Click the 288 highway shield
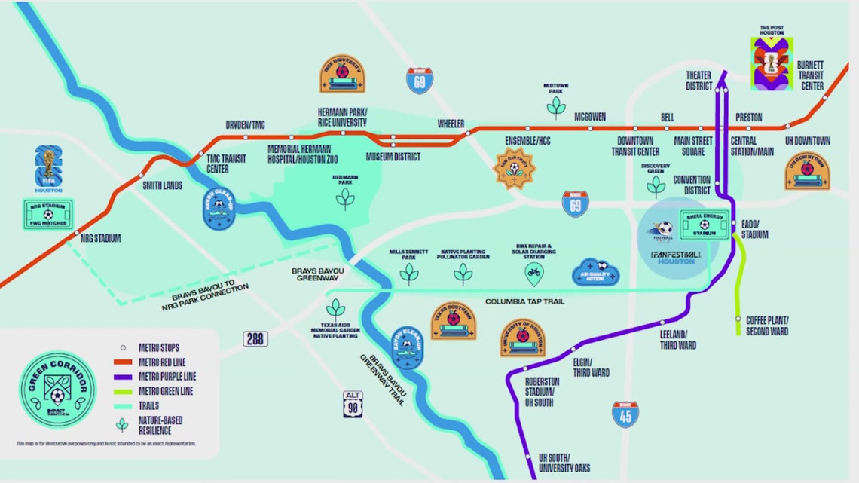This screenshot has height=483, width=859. coord(255,338)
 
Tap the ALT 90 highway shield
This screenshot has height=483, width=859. coord(352,404)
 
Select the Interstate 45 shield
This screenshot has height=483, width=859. coord(625,414)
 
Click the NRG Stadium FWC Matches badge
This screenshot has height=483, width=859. coord(47,213)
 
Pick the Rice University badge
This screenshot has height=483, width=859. coord(342,74)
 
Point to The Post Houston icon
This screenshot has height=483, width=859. coord(771,65)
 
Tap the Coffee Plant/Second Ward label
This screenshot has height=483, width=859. coord(768,325)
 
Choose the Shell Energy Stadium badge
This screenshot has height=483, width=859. coord(704,224)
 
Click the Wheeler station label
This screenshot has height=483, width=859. coord(451,124)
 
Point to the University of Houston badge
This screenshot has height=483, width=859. coord(523,336)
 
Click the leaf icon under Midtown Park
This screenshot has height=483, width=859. coord(556,106)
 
